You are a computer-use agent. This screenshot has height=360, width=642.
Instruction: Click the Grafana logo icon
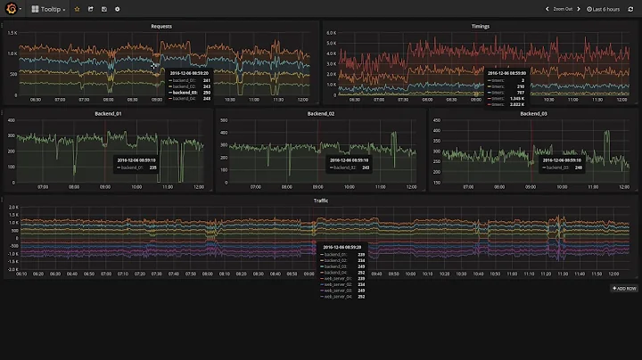10,9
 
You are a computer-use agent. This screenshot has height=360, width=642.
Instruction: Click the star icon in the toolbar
77,9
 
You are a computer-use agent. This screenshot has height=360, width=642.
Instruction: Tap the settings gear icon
117,9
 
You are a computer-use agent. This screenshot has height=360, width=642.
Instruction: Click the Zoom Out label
563,9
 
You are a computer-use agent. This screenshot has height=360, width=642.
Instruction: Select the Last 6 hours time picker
605,9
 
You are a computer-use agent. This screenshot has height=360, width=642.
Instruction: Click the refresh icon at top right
630,9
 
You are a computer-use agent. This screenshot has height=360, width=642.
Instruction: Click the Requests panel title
161,27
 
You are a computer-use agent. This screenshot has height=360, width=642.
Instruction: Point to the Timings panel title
481,27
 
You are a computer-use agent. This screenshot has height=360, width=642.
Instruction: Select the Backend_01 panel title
107,114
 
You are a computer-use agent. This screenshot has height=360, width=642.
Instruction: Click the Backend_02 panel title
320,114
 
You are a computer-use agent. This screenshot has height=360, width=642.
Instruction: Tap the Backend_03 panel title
533,114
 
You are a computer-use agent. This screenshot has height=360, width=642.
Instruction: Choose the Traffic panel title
321,201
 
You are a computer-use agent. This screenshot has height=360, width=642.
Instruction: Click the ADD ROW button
623,289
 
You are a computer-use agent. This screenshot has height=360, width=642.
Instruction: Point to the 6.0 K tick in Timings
331,33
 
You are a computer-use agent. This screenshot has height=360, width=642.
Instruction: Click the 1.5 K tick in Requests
12,33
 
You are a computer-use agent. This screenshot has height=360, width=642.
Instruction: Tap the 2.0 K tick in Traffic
12,208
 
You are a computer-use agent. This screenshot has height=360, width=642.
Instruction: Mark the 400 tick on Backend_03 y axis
437,119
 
